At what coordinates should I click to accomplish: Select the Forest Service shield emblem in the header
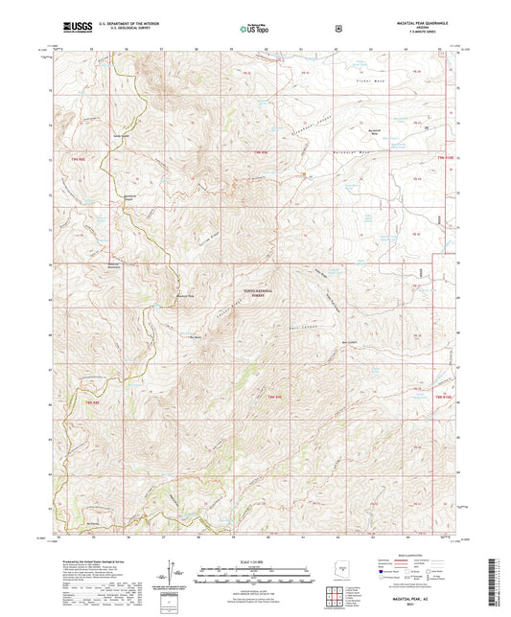[x=337, y=27]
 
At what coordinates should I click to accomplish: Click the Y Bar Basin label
[x=197, y=336]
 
